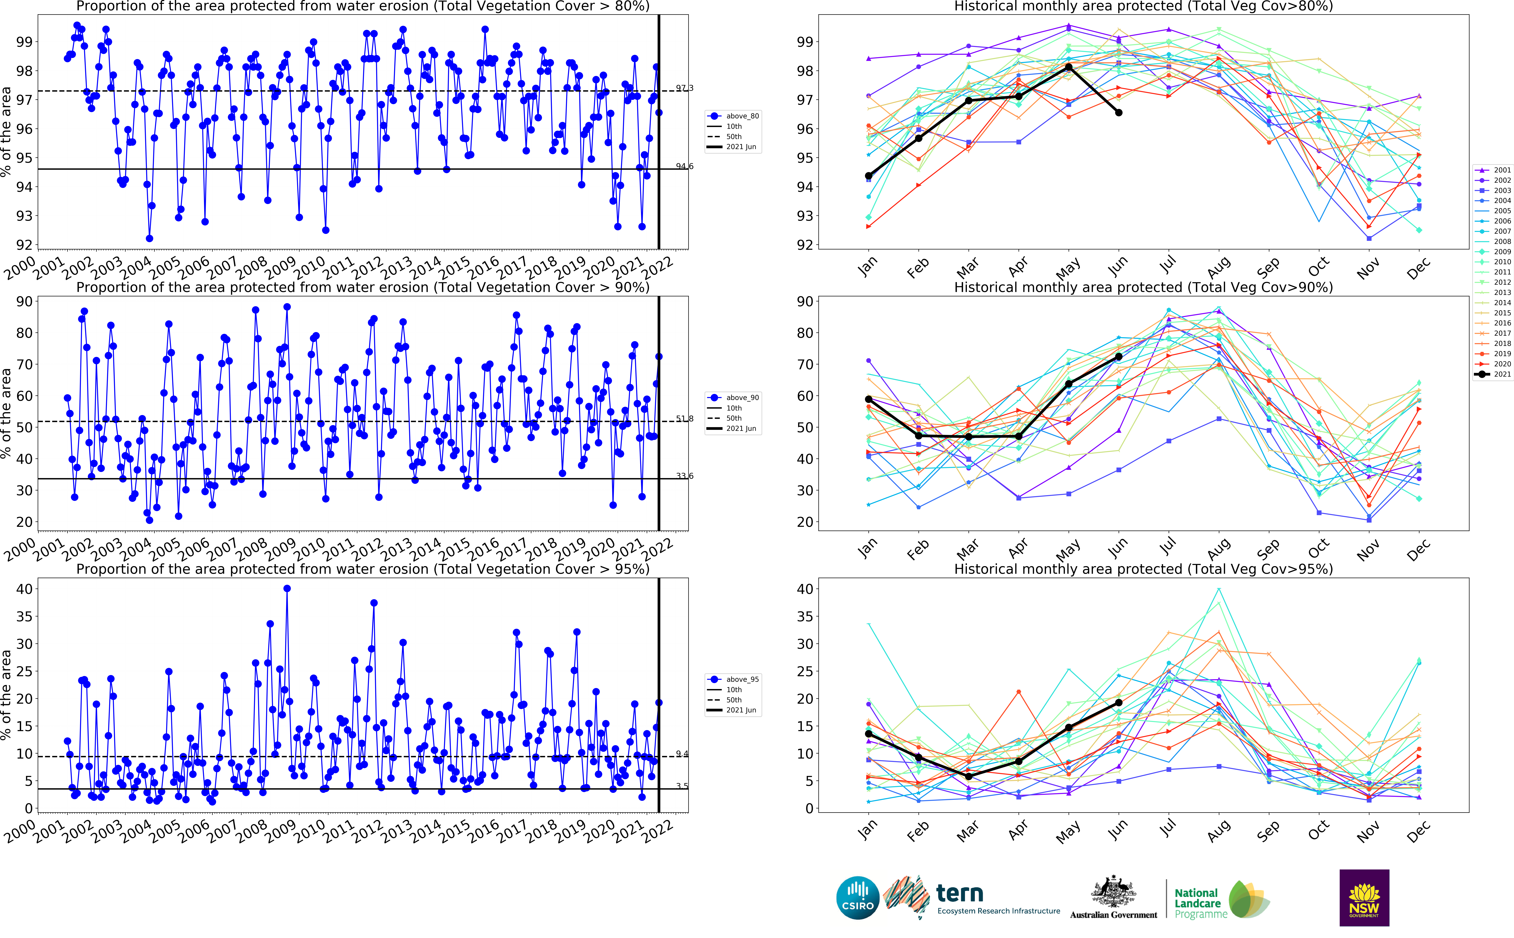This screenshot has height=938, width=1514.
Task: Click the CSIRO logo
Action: tap(858, 898)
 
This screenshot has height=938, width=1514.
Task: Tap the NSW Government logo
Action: tap(1364, 898)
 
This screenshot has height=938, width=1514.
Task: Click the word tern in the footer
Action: tap(959, 894)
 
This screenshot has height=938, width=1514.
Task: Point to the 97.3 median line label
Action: tap(684, 88)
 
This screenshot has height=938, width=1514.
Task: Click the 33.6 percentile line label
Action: tap(684, 476)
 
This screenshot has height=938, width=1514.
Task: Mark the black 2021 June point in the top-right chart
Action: tap(1119, 112)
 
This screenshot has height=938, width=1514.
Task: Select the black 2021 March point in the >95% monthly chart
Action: tap(969, 776)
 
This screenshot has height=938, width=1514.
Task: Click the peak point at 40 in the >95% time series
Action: tap(287, 589)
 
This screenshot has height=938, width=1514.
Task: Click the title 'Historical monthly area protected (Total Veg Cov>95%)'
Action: tap(1143, 569)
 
